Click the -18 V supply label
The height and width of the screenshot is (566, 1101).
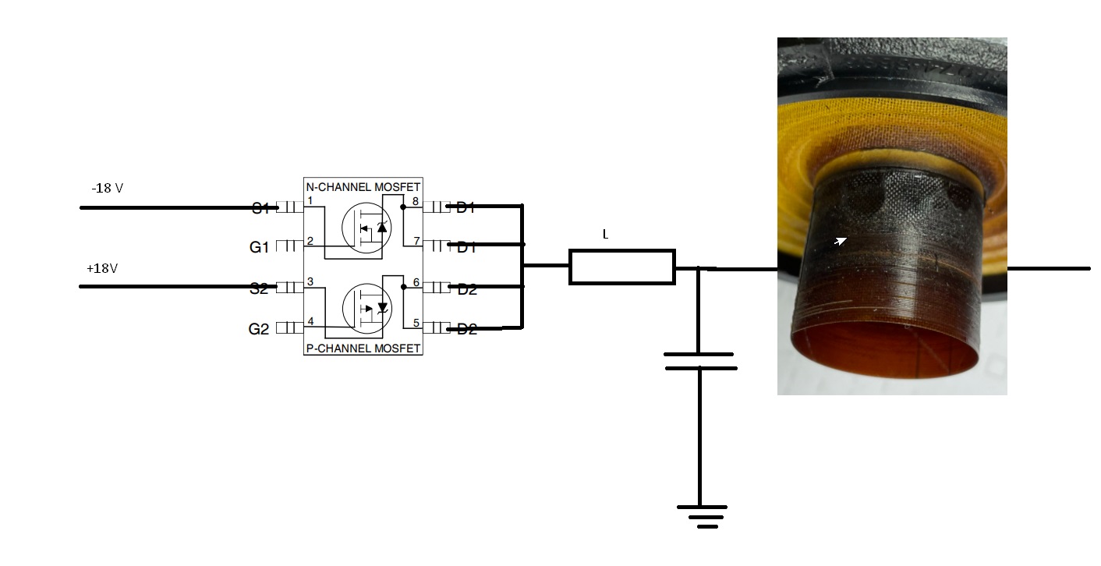[x=107, y=189]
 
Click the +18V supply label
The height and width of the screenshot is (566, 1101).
[x=102, y=268]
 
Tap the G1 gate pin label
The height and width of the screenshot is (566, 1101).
[x=259, y=247]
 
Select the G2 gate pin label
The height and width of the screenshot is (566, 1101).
[x=259, y=329]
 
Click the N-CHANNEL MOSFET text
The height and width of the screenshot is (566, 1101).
[x=363, y=187]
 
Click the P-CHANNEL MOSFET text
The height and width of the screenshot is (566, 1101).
[x=363, y=348]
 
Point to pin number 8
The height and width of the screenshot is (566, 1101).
[x=416, y=201]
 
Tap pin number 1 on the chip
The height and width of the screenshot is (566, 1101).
[x=310, y=201]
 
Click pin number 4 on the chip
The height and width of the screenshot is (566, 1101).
[x=310, y=321]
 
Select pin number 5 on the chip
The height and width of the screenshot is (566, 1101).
[x=416, y=322]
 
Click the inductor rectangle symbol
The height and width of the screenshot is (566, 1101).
[x=621, y=267]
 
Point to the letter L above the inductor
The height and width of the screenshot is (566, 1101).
[x=605, y=234]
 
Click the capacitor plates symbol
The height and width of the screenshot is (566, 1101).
[x=699, y=361]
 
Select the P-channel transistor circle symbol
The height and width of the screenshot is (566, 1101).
[x=366, y=306]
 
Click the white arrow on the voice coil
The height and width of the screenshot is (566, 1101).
[x=840, y=242]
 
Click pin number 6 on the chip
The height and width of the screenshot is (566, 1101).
[x=416, y=282]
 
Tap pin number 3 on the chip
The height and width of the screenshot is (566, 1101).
[x=310, y=281]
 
